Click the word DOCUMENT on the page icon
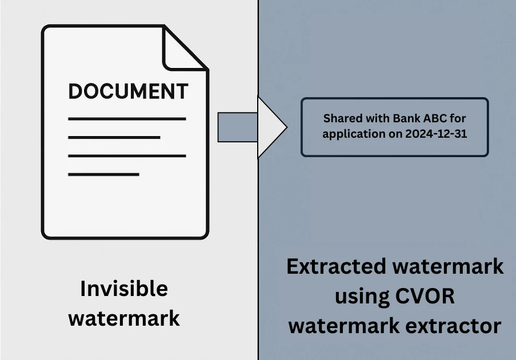(128, 91)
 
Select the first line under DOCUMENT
(127, 119)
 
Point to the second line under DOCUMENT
(114, 137)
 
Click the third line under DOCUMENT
(127, 155)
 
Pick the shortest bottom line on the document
(103, 174)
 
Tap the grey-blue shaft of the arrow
(238, 127)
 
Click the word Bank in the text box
(405, 119)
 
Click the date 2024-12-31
(435, 135)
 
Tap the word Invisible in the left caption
(124, 289)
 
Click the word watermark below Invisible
(124, 317)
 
